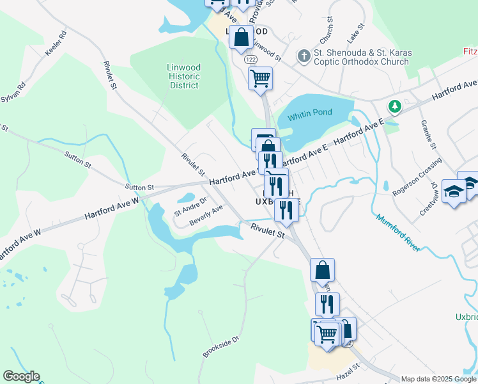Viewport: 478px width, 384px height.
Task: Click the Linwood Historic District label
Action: (x=183, y=76)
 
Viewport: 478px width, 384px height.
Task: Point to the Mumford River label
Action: (x=397, y=233)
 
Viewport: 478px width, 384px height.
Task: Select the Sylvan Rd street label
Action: (x=13, y=92)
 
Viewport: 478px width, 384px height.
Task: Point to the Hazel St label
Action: (x=346, y=371)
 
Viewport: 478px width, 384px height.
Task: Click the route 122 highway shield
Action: (x=251, y=59)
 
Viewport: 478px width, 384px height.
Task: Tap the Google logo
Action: (x=21, y=376)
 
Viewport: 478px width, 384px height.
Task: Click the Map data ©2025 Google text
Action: (x=438, y=379)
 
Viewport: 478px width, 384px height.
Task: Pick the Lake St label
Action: (x=356, y=33)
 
